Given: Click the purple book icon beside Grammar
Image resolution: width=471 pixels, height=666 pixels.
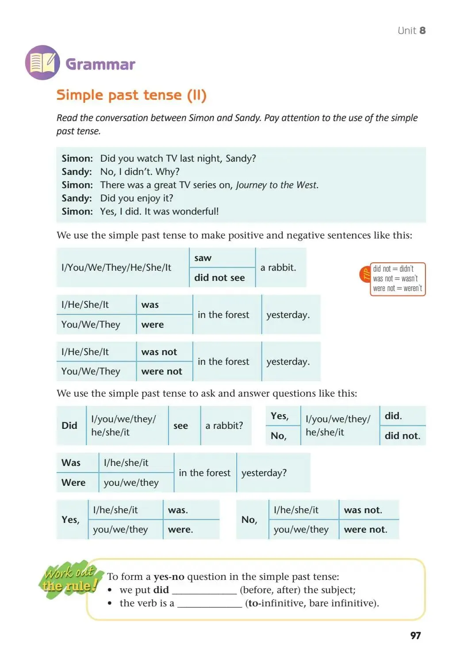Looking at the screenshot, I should tap(42, 63).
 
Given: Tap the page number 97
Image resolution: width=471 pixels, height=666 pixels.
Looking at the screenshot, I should tap(415, 635).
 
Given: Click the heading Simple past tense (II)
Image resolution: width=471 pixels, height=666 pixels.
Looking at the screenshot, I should tap(131, 95).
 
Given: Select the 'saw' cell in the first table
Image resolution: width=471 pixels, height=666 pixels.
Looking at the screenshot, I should tap(203, 258).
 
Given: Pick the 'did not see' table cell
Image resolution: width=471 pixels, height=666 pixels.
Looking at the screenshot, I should tap(219, 277).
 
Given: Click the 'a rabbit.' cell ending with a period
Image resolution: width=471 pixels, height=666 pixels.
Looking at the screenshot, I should tap(278, 267).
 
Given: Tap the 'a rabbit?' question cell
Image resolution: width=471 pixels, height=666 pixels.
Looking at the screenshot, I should tap(224, 425).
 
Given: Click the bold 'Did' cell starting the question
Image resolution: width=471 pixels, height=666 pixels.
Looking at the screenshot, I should tap(69, 425).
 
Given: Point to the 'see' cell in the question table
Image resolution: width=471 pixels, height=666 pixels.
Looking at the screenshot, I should tap(180, 425).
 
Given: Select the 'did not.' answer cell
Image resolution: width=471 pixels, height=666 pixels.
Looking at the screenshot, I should tap(402, 435).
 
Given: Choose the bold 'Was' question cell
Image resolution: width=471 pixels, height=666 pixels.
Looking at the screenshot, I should tap(71, 462).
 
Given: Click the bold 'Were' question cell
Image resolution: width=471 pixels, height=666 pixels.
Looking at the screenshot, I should tap(73, 482).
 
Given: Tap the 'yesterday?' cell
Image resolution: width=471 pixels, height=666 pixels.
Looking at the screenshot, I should tap(264, 473).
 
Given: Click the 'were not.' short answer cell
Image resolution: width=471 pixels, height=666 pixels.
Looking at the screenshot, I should tap(365, 529).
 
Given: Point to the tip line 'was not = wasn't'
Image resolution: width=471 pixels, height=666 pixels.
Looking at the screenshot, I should tap(395, 279).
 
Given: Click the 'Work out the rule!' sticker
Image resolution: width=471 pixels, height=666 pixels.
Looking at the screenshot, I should tap(70, 580).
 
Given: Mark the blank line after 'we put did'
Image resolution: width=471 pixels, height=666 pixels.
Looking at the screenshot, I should tap(204, 590).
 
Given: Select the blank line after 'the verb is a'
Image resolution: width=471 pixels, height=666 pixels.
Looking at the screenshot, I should tap(210, 604).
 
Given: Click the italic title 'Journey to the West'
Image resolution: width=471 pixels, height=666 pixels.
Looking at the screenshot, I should tap(277, 185).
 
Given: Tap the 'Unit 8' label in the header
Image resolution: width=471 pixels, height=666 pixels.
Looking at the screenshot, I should tap(411, 30).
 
